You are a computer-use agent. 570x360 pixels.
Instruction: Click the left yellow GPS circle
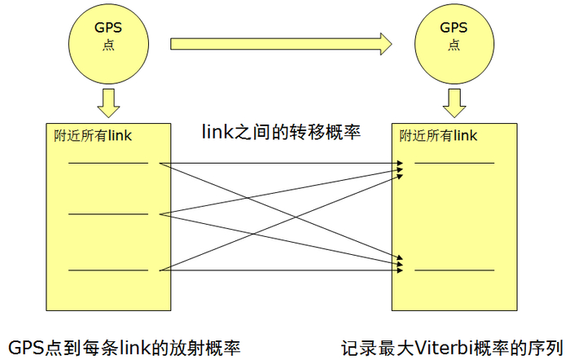pos(108,37)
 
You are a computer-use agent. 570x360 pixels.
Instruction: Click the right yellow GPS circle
pos(454,37)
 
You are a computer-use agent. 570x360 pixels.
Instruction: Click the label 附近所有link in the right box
pos(438,135)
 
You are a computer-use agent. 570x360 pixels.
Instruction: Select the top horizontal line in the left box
pos(107,163)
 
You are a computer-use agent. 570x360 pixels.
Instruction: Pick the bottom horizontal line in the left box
pos(107,270)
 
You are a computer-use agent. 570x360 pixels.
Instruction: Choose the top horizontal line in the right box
pos(454,163)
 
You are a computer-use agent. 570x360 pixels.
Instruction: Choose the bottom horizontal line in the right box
pos(454,270)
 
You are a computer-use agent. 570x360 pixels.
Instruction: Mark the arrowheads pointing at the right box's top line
pos(399,167)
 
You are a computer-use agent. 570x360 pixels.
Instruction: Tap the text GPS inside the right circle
pos(454,28)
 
